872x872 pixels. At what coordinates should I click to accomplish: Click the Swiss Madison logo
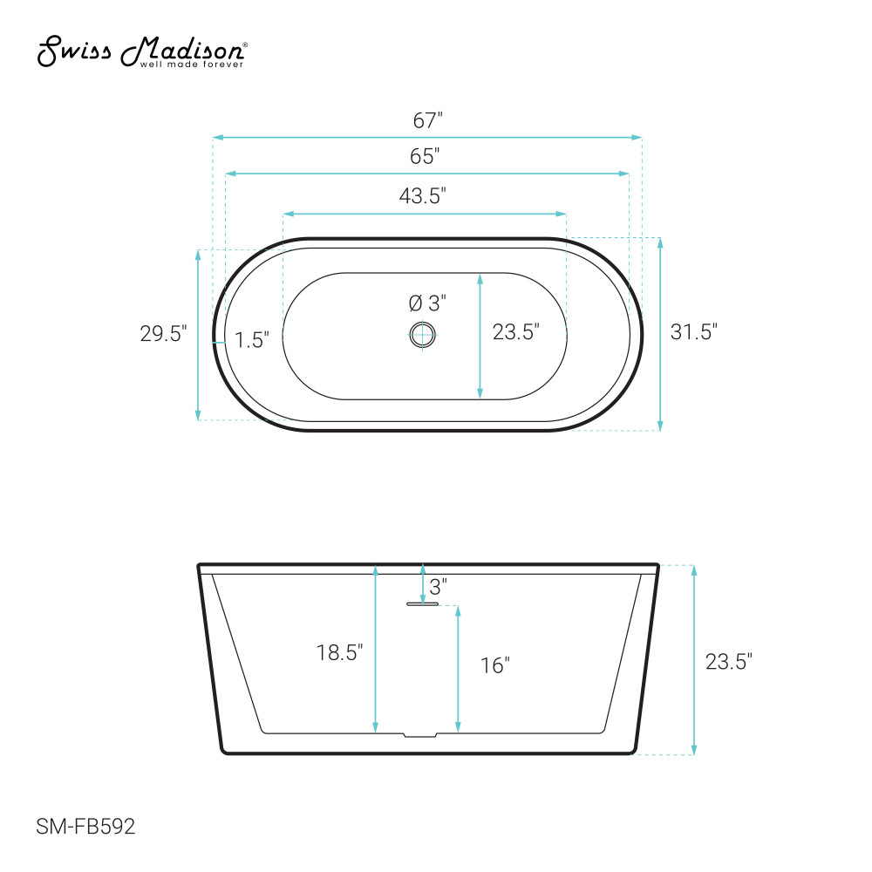142,51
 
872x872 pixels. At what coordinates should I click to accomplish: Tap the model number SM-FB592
85,827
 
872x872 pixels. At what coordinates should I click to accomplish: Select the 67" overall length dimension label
427,120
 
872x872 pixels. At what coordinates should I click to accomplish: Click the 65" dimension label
425,156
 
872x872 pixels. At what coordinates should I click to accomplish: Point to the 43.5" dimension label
423,195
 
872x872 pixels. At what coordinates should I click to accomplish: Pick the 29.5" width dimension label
164,334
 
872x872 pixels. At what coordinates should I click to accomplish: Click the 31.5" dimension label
694,332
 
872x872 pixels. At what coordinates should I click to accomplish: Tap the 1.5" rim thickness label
252,340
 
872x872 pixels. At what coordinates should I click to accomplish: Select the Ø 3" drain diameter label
427,303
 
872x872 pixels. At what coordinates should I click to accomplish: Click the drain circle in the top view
423,335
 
